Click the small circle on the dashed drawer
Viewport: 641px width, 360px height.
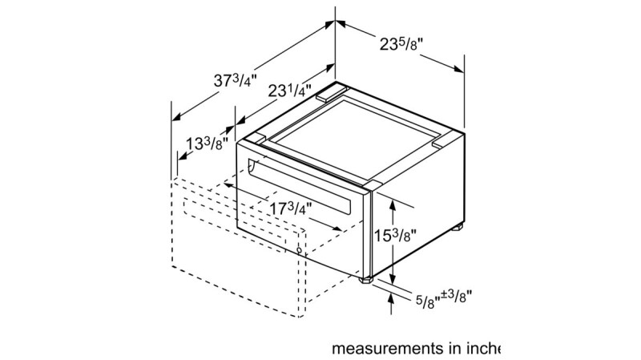(300, 250)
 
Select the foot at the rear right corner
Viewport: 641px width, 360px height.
(459, 229)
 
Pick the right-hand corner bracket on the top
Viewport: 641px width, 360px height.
(441, 145)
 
